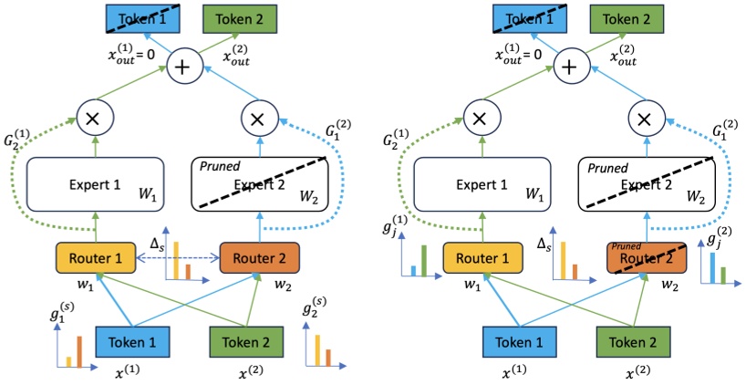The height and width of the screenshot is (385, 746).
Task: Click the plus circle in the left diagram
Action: (186, 67)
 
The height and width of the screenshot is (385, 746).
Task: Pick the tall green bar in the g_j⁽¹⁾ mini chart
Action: (422, 260)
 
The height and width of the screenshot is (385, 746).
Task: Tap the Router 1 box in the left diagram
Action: (95, 258)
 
